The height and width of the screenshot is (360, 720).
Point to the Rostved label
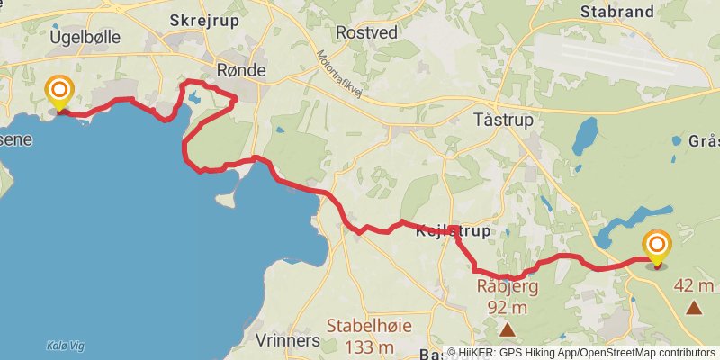365,32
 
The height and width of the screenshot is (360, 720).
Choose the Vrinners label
288,341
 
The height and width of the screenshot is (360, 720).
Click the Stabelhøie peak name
360,326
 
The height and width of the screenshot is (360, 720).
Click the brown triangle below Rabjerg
508,330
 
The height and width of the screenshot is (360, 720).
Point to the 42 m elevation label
694,286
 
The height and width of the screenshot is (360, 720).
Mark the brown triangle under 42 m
694,308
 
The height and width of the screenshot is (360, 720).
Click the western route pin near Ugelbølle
59,92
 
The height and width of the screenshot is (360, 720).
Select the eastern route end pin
658,247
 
